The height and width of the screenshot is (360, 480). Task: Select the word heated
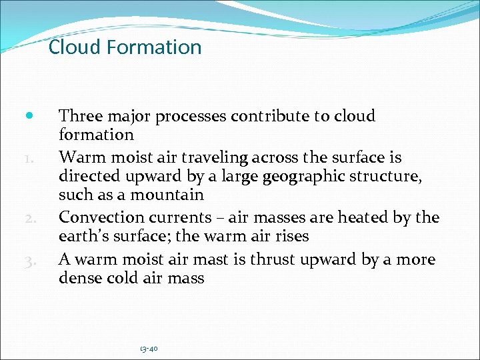pyautogui.click(x=373, y=217)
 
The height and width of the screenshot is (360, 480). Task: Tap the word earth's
pyautogui.click(x=83, y=237)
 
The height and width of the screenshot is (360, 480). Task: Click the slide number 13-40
pyautogui.click(x=149, y=348)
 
